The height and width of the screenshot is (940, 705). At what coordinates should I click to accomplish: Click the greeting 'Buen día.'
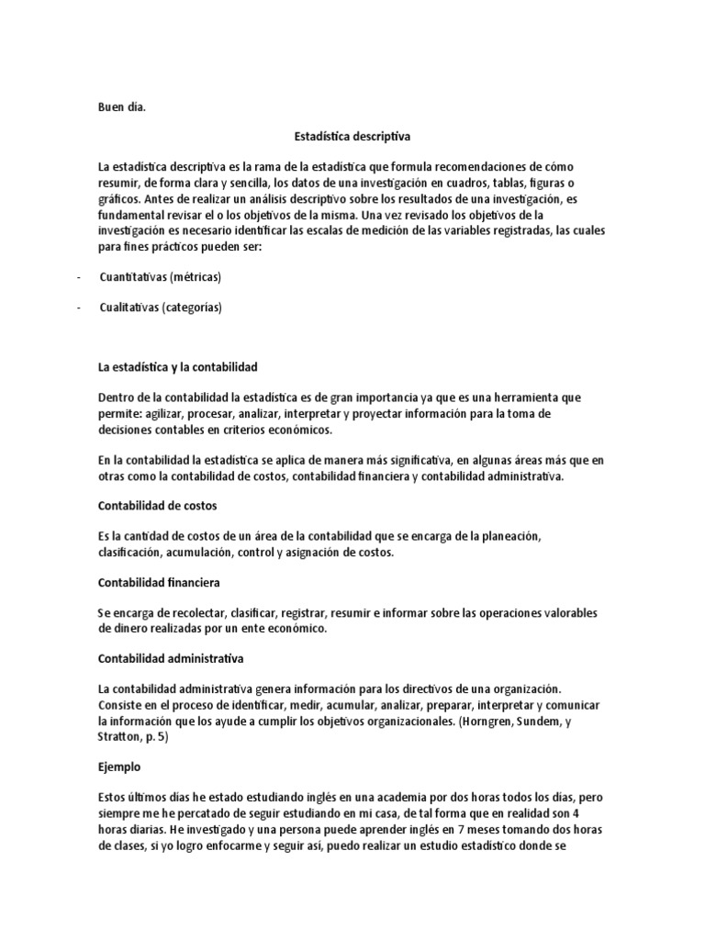(x=122, y=106)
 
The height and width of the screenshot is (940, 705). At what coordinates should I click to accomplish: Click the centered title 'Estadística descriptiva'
(x=352, y=136)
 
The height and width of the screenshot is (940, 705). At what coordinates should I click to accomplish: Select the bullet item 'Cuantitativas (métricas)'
(x=162, y=277)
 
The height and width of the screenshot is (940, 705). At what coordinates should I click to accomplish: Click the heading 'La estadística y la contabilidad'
(x=178, y=367)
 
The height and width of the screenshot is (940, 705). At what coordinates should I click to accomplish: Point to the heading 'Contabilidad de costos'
(x=157, y=506)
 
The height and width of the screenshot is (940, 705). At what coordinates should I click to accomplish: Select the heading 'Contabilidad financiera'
(x=159, y=583)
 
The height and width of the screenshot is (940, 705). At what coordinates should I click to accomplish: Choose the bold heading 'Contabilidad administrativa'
(x=171, y=659)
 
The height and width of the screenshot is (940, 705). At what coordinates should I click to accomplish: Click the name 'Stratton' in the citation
(x=119, y=736)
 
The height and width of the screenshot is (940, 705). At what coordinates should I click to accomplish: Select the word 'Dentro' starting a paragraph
(x=116, y=397)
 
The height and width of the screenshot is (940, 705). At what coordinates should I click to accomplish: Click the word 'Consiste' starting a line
(x=122, y=704)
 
